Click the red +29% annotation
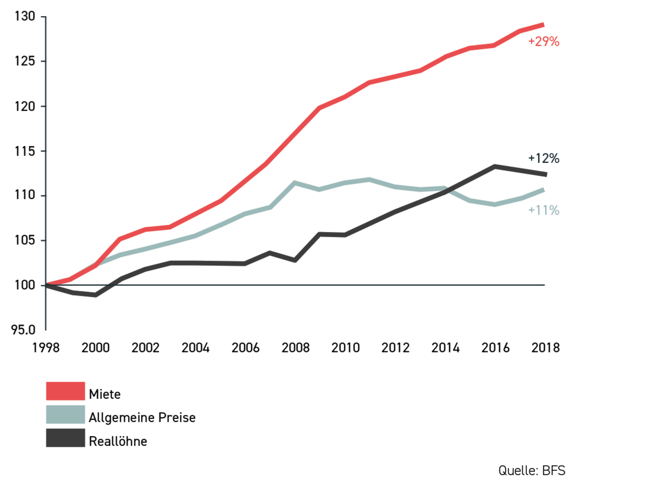coord(544,41)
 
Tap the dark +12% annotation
coord(544,158)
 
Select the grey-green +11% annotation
coord(544,210)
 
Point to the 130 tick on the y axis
coord(25,16)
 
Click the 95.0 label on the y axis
coord(23,330)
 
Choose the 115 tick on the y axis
coord(25,151)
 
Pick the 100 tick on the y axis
coord(25,285)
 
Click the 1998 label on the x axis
coord(46,348)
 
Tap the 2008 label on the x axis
coord(295,348)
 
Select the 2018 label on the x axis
coord(545,348)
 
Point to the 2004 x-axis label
coord(196,348)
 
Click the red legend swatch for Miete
coord(65,391)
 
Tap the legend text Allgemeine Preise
coord(142,417)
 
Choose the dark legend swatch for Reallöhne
coord(65,438)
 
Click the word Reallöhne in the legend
coord(118,441)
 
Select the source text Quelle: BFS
coord(531,470)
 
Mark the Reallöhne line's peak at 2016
coord(495,166)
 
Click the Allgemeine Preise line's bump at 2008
coord(295,183)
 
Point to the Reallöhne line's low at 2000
coord(95,295)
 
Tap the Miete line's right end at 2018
coord(543,25)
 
